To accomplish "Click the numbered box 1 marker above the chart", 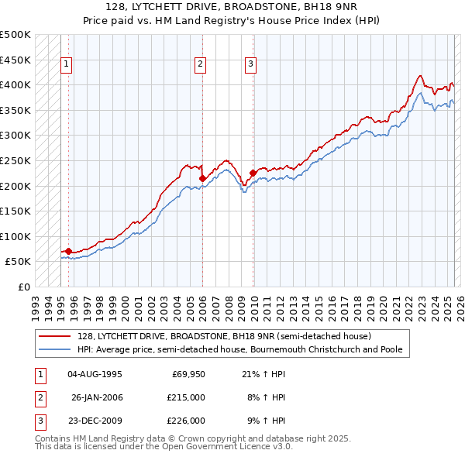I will click(x=67, y=64).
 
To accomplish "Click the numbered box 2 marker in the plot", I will click(x=200, y=64).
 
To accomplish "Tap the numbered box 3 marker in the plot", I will click(x=251, y=64).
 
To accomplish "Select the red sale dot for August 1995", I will click(x=68, y=251).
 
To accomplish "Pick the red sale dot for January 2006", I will click(x=202, y=178).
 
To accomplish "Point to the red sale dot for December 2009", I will click(x=253, y=173).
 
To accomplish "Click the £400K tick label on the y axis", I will click(x=15, y=84).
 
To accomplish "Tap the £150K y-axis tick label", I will click(x=15, y=211).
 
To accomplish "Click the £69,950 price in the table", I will click(x=188, y=373).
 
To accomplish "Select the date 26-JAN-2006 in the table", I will click(x=97, y=397).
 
